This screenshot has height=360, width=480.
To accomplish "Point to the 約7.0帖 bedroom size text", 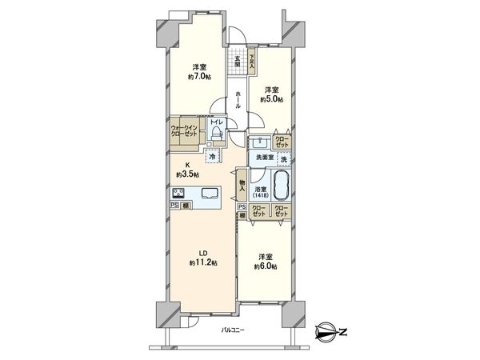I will [x=200, y=77].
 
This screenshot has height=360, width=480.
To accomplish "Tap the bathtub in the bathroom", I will [x=282, y=186].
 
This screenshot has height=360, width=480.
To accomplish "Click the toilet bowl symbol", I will [x=216, y=134].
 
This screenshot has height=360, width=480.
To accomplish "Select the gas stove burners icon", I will [x=179, y=193].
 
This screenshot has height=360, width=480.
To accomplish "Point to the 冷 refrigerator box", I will [x=213, y=156].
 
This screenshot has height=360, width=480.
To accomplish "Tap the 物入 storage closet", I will [x=242, y=186].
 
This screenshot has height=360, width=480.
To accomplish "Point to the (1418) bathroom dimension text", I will [x=261, y=195].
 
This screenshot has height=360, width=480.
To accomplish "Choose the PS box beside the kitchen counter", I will [x=174, y=206].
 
